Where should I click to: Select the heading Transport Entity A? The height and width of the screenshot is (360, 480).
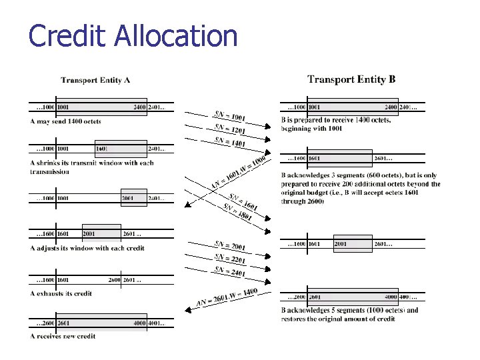pos(95,81)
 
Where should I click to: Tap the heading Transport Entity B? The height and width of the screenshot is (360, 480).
pos(351,79)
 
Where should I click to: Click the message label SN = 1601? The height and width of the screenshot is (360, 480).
pos(243,202)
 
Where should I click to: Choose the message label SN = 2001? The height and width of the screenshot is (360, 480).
pos(230,246)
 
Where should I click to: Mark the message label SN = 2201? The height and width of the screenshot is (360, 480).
pos(230,259)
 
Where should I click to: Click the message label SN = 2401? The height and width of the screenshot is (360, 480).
pos(230,271)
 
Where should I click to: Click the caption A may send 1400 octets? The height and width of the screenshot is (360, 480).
pos(65,121)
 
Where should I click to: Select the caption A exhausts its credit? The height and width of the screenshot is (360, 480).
pos(61,293)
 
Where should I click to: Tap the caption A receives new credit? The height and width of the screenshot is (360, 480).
pos(63,336)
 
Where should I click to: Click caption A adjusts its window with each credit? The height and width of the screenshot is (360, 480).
pos(87,248)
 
